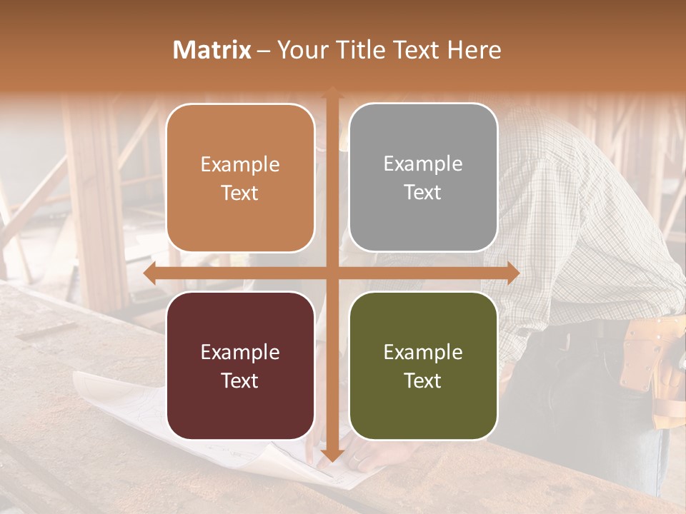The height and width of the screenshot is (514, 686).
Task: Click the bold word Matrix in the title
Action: pyautogui.click(x=212, y=50)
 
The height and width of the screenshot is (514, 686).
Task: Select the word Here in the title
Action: pyautogui.click(x=474, y=50)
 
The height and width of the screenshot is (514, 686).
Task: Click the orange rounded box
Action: pyautogui.click(x=240, y=178)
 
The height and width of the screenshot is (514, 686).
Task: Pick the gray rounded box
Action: pyautogui.click(x=423, y=177)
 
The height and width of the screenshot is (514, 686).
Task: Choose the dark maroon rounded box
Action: pyautogui.click(x=240, y=366)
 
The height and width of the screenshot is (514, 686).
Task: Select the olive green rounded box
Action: pyautogui.click(x=423, y=366)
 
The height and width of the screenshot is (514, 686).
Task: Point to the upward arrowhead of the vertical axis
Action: pyautogui.click(x=332, y=93)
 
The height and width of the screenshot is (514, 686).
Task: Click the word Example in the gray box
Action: pyautogui.click(x=423, y=163)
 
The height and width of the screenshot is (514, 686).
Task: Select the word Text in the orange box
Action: pyautogui.click(x=240, y=193)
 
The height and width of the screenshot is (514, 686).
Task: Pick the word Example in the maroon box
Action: pyautogui.click(x=240, y=352)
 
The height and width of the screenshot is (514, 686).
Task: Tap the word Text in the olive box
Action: pyautogui.click(x=423, y=381)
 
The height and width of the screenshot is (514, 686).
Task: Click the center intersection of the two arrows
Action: pyautogui.click(x=332, y=273)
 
